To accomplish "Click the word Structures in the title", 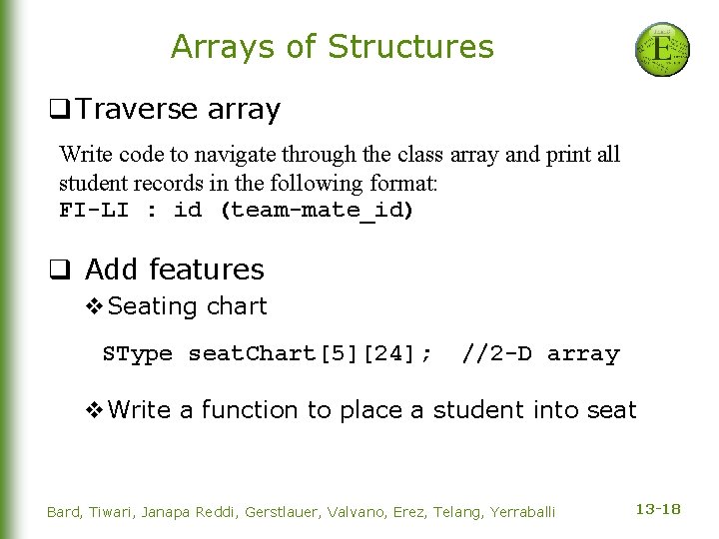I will point(410,47).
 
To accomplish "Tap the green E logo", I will point(663,49).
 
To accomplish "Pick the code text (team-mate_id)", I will point(317,211).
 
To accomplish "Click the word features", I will point(214,269).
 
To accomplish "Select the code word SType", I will point(138,354).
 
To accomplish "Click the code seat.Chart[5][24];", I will point(311,354).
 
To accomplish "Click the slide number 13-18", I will point(658,510).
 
